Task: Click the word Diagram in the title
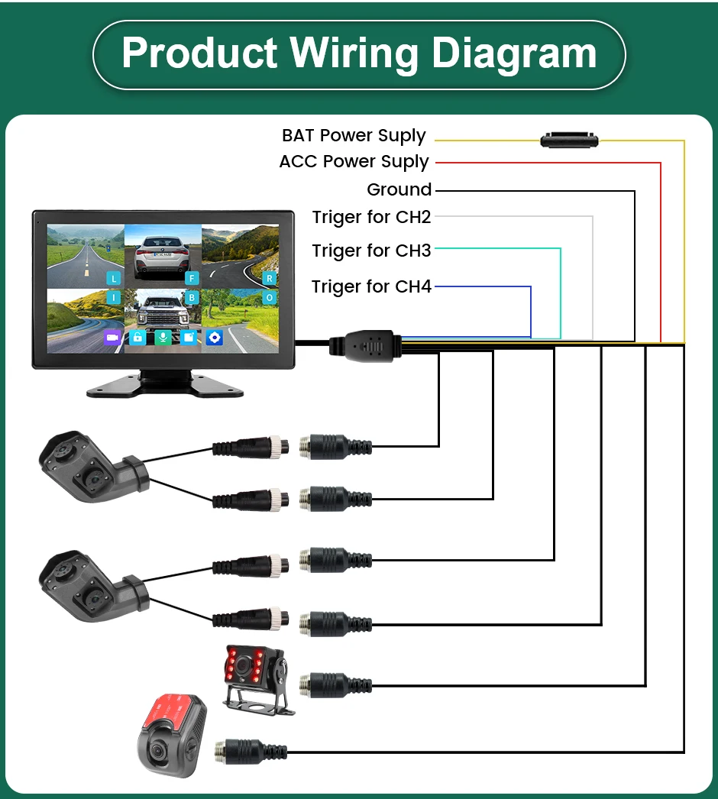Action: [x=514, y=53]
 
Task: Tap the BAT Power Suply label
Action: [x=354, y=136]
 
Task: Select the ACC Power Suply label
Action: [x=354, y=162]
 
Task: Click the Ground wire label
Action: [x=399, y=189]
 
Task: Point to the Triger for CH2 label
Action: [x=371, y=218]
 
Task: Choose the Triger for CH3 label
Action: [x=371, y=251]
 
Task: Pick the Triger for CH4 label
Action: [x=371, y=287]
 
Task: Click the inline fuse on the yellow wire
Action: [x=569, y=140]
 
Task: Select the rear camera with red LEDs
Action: [x=256, y=676]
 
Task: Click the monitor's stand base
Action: [x=164, y=385]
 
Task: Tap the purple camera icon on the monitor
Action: [x=112, y=337]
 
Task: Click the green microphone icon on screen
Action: [x=163, y=337]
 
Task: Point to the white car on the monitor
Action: [x=163, y=256]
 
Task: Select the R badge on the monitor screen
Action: [x=269, y=278]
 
